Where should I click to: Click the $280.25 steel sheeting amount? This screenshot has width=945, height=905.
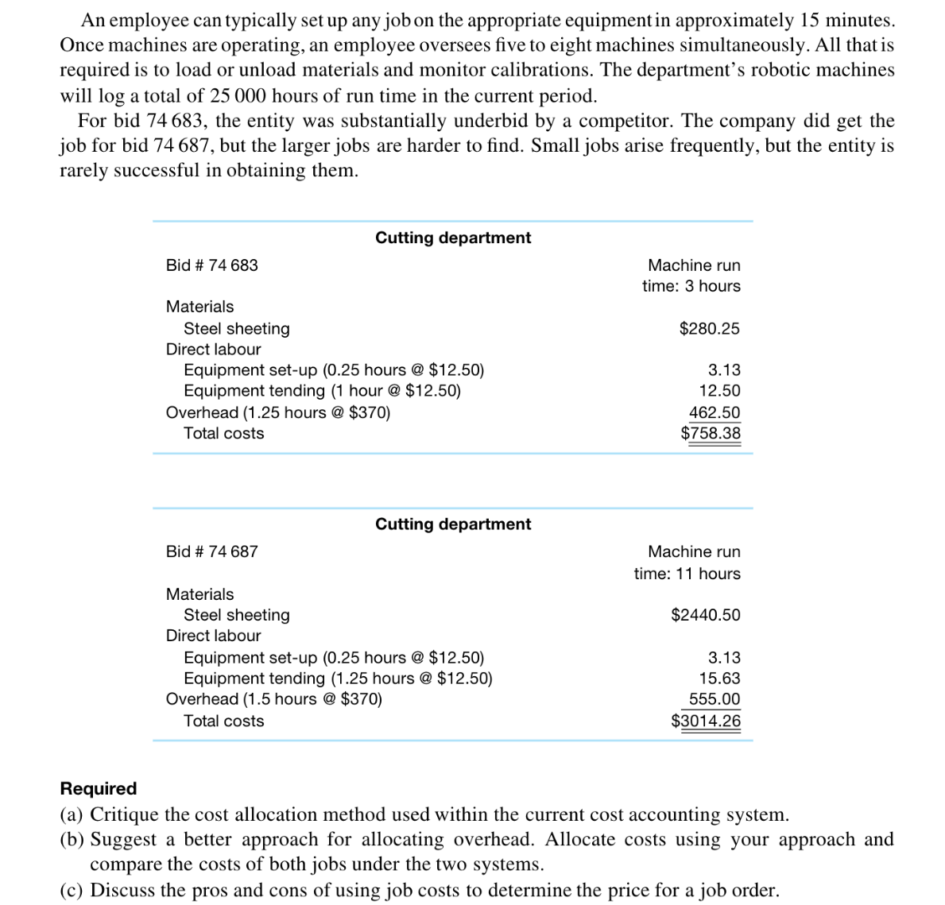pos(709,328)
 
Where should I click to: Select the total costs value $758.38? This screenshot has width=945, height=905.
pos(710,433)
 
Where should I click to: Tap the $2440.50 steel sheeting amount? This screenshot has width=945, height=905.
pos(705,614)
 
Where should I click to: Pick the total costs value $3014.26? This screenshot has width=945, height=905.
pos(705,721)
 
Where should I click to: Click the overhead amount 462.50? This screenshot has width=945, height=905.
pos(714,412)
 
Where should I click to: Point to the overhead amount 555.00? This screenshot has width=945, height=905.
pos(714,699)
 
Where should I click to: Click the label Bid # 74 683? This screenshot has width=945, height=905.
pos(211,265)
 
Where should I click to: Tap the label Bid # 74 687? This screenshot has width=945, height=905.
pos(211,551)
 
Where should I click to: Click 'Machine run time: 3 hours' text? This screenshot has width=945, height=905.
pos(692,275)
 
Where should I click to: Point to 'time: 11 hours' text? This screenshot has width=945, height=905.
pos(687,573)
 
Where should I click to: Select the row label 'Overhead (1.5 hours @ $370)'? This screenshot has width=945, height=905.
pos(273,699)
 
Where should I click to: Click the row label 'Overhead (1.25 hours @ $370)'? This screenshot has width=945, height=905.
pos(277,412)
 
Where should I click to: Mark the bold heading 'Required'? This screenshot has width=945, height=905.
pos(99,788)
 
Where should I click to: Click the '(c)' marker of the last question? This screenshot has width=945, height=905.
pos(72,890)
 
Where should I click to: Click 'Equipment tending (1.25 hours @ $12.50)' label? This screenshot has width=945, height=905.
pos(338,678)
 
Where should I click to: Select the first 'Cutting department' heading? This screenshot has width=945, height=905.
pos(453,238)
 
